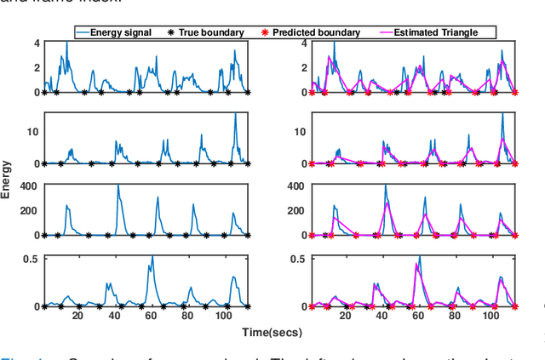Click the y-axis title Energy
coord(7,181)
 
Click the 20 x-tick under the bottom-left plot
coord(77,316)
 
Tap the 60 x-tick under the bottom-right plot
coord(419,316)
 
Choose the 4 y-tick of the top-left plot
coord(36,43)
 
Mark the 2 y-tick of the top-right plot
coord(303,67)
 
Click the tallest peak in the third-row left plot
coord(118,186)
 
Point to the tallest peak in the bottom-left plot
coord(152,256)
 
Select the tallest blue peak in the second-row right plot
coord(502,113)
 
